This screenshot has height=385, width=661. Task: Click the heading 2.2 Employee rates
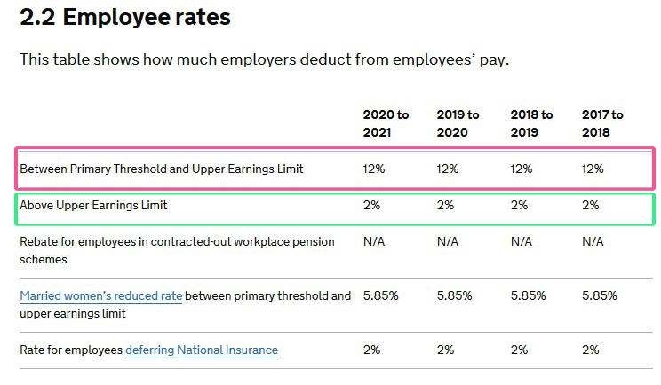pos(124,18)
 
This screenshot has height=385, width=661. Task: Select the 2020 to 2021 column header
pos(386,123)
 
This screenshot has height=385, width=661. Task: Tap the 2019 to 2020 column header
pos(458,123)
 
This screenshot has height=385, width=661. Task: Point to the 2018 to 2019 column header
pos(531,123)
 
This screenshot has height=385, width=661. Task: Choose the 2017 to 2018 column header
pos(602,123)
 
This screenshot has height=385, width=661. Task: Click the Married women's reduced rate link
pos(100,295)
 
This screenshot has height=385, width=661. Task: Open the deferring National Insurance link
pos(202,350)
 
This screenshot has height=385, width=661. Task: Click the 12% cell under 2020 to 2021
pos(374,169)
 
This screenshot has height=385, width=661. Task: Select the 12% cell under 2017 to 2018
pos(593,169)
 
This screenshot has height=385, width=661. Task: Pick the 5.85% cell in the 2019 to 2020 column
pos(454,295)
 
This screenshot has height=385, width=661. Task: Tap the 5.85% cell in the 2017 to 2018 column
pos(599,295)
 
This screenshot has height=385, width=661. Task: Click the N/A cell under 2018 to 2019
pos(522,241)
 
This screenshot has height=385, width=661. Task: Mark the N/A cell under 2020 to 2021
pos(375,241)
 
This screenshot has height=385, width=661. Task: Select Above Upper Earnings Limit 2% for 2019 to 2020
pos(445,205)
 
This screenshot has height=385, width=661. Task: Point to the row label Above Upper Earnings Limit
pos(93,205)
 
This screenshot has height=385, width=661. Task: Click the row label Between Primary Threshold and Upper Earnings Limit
pos(161,169)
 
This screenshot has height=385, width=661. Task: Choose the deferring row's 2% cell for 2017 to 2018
pos(590,350)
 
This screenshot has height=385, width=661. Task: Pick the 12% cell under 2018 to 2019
pos(522,169)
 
